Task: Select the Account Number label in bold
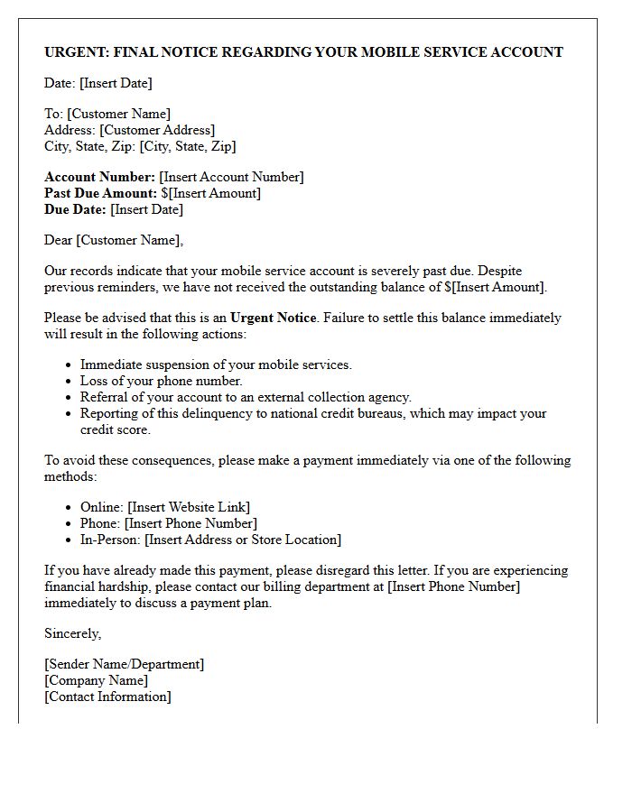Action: click(x=99, y=177)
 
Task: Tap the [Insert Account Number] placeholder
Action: click(x=231, y=177)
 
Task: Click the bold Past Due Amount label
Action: click(x=100, y=193)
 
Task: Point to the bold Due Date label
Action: click(x=75, y=209)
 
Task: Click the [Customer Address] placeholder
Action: click(x=157, y=130)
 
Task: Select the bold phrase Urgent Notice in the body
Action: click(x=274, y=318)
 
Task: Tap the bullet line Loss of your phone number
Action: click(x=162, y=381)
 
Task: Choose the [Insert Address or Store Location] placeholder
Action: click(x=243, y=540)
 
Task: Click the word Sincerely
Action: click(x=72, y=633)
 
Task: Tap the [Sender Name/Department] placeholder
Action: click(x=125, y=664)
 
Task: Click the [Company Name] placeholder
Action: click(x=97, y=680)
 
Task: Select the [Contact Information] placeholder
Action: click(x=107, y=697)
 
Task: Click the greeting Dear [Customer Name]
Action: click(x=113, y=240)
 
